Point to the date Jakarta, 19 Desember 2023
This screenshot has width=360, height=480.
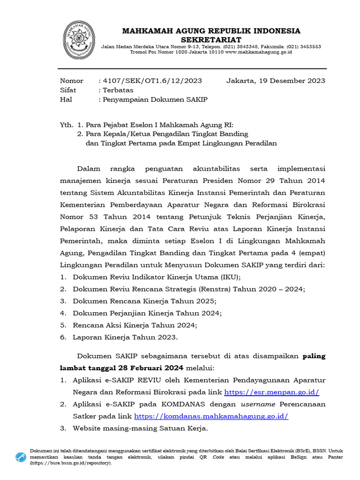[276, 81]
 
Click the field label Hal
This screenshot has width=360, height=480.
[66, 99]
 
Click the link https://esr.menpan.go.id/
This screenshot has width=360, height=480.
[272, 392]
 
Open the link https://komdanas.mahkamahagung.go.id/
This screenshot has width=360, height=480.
[211, 416]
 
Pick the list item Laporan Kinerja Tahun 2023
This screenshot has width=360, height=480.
[125, 337]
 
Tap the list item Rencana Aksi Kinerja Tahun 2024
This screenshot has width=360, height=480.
[135, 325]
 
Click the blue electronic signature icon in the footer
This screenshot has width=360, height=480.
[21, 457]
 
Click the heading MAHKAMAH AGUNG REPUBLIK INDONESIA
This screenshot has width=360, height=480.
[211, 31]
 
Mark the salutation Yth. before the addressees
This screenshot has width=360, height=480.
[67, 125]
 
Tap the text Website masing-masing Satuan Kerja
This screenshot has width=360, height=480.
[140, 428]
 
